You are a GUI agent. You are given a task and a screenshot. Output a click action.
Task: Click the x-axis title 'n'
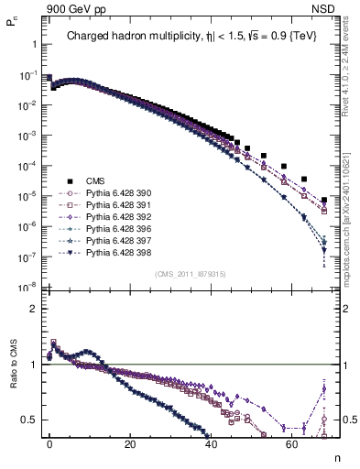click(336, 458)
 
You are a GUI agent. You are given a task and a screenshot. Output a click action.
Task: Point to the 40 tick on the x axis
click(211, 443)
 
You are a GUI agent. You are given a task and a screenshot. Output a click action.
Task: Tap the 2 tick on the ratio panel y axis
click(33, 309)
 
